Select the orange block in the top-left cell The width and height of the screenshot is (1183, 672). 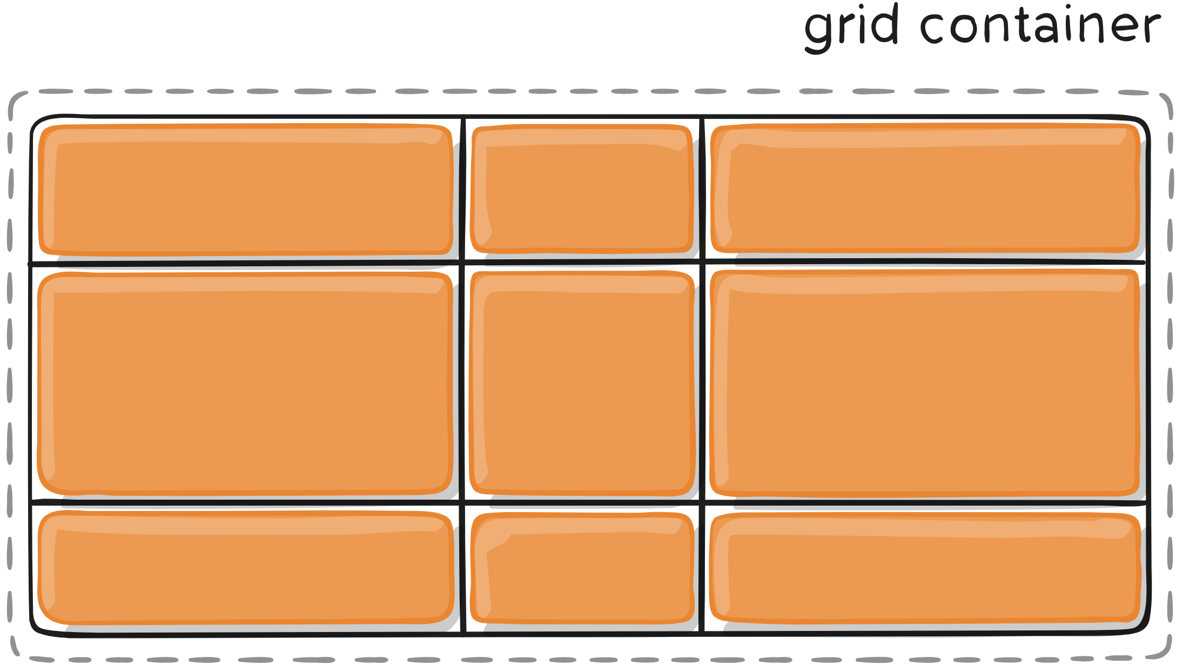tap(246, 189)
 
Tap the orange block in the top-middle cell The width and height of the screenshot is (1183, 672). tap(582, 189)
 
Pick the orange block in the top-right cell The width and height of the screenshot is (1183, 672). tap(925, 188)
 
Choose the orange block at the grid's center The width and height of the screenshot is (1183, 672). tap(582, 384)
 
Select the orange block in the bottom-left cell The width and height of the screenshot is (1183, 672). tap(246, 567)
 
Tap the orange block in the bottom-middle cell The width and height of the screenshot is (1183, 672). tap(582, 567)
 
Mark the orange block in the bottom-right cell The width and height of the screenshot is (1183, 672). tap(925, 567)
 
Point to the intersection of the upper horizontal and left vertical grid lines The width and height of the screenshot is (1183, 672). tap(462, 263)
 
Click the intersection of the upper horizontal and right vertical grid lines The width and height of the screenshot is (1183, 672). tap(702, 263)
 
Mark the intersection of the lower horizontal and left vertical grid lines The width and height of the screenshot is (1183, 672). tap(462, 503)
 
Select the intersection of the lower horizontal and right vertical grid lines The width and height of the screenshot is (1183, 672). tap(702, 503)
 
